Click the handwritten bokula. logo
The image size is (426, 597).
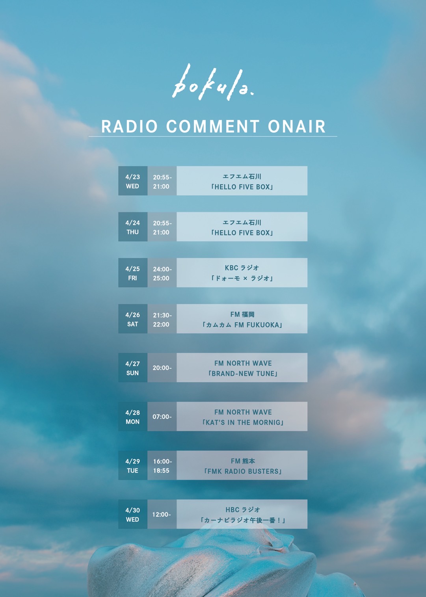(x=213, y=82)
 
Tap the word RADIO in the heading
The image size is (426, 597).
(x=130, y=126)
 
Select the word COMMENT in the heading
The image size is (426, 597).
(x=213, y=126)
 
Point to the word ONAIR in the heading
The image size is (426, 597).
(x=297, y=126)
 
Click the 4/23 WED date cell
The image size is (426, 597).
(x=133, y=181)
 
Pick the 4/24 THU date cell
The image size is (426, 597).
(x=133, y=227)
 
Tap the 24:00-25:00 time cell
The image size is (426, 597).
(x=162, y=273)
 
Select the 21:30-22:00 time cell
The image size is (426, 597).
(x=162, y=319)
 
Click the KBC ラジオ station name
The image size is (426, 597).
(x=242, y=268)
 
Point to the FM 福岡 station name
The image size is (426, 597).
(x=242, y=314)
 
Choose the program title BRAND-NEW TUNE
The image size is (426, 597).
(x=243, y=374)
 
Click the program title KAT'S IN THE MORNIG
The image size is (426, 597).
(x=243, y=422)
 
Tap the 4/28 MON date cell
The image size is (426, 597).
(x=133, y=417)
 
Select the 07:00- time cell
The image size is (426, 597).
(x=162, y=417)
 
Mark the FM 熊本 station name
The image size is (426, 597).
(x=243, y=461)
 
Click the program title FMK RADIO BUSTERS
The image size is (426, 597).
(x=243, y=471)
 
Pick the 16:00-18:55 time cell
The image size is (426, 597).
(x=162, y=465)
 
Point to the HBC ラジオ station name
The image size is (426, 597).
(x=243, y=510)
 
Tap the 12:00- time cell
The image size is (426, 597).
(x=162, y=514)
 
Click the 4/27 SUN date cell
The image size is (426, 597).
(x=133, y=368)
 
